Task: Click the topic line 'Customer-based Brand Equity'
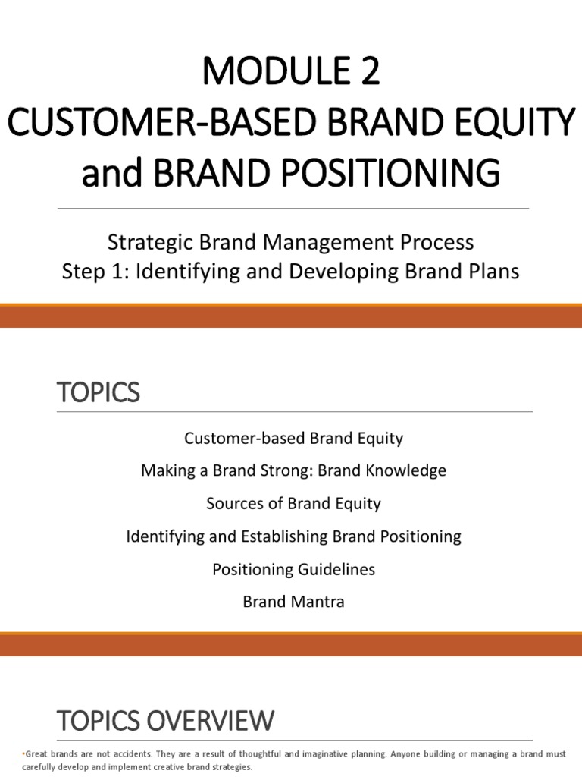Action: (293, 438)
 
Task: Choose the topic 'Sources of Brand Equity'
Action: (293, 504)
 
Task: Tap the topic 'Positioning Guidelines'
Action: (293, 569)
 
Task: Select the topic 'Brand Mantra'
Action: (293, 602)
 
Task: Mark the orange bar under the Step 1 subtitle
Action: (291, 316)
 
